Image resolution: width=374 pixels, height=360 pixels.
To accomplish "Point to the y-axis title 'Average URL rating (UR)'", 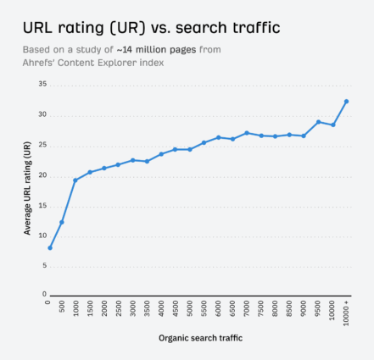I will tap(28, 189).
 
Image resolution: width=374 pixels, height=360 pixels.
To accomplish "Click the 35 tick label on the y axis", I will tap(42, 85).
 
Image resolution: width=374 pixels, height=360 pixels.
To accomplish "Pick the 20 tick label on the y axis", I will tap(42, 174).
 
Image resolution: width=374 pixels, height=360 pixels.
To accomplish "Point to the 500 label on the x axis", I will tap(62, 306).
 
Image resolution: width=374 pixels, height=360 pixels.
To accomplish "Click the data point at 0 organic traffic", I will tap(50, 248).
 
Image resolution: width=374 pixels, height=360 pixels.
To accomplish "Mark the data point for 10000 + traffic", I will tap(346, 101).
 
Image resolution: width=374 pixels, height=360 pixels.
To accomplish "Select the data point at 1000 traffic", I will tap(75, 180).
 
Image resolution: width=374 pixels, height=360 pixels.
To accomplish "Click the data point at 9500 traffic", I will tap(318, 122).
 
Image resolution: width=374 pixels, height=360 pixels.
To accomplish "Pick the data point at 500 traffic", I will tap(62, 222).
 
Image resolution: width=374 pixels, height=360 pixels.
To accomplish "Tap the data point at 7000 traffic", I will tap(247, 133).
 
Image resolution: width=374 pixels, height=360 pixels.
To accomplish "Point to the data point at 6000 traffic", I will tap(218, 137).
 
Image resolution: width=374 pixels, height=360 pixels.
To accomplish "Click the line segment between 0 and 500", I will tap(56, 235).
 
